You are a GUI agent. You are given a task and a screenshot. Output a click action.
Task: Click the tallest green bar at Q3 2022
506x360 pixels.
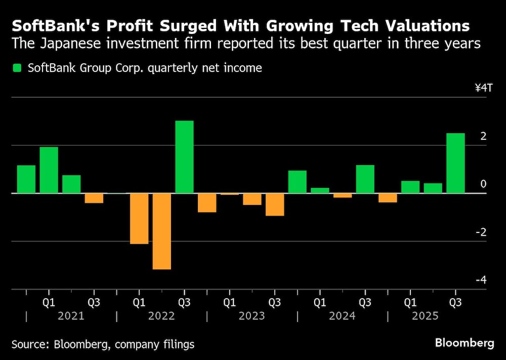(x=184, y=157)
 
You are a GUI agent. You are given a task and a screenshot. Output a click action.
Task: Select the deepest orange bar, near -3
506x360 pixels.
(x=161, y=231)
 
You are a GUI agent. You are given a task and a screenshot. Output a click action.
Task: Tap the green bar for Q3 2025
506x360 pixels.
(x=455, y=163)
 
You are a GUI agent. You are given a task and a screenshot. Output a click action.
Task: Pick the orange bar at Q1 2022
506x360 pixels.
(x=139, y=218)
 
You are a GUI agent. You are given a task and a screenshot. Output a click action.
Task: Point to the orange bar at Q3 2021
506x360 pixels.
(x=94, y=198)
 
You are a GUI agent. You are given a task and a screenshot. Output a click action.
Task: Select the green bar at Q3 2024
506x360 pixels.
(x=365, y=179)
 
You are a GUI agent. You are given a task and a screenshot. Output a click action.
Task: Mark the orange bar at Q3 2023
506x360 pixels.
(x=275, y=205)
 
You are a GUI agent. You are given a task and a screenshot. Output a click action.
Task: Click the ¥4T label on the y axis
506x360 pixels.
(x=483, y=88)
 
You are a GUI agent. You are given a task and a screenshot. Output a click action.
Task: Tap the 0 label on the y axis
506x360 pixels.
(x=483, y=184)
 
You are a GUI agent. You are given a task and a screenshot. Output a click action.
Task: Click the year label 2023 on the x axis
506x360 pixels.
(x=251, y=316)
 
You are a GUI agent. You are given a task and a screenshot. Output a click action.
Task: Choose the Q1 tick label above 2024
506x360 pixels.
(x=320, y=302)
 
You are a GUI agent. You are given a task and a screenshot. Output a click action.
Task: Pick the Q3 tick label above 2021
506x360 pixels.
(x=94, y=302)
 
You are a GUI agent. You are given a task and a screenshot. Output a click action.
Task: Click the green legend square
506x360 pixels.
(x=18, y=68)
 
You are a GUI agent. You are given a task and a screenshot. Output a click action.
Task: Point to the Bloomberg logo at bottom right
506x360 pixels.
(x=465, y=343)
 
